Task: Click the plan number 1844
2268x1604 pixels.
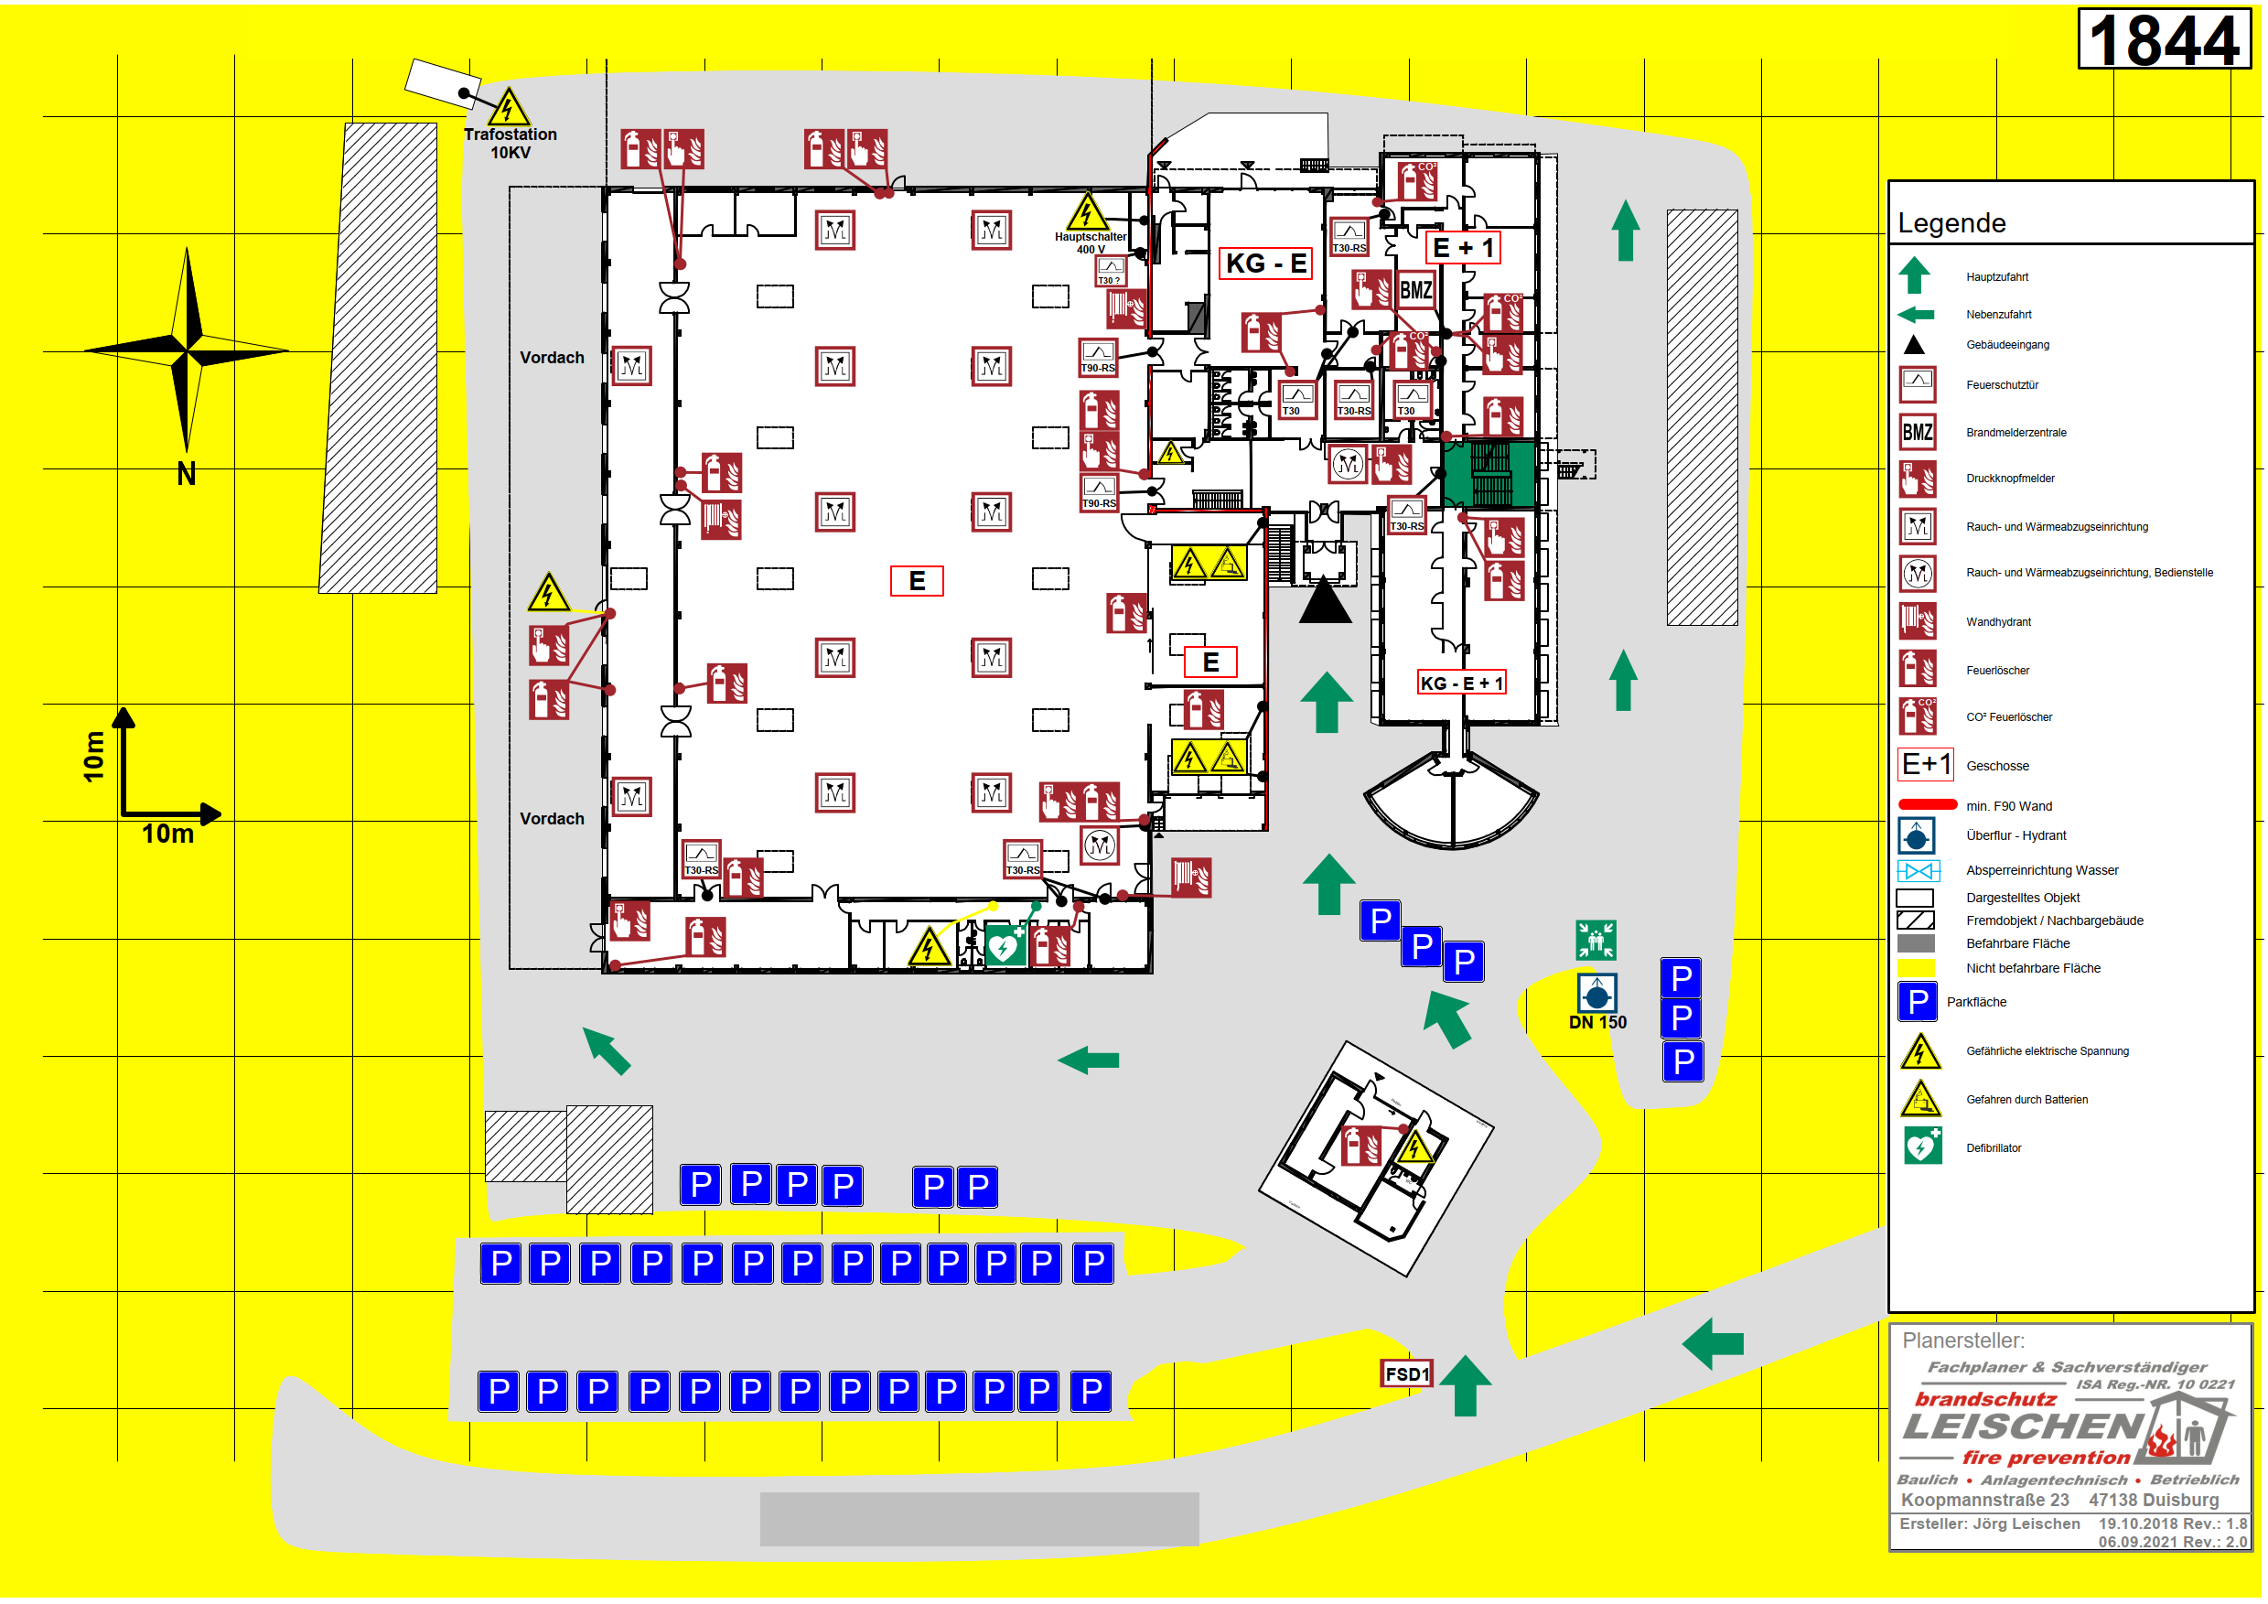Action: pos(2164,40)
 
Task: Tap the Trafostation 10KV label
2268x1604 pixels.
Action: pos(511,144)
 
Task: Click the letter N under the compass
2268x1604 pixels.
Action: pos(186,475)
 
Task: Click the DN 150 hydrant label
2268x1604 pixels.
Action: pos(1597,1023)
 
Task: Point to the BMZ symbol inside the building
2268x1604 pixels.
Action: pos(1416,290)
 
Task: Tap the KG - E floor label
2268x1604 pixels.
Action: pos(1265,264)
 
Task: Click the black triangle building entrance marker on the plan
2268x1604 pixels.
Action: pos(1325,601)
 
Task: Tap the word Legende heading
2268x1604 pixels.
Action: pos(1951,224)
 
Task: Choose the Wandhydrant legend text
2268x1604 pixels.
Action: pos(1998,622)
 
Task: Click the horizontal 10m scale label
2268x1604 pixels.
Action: pos(168,834)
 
